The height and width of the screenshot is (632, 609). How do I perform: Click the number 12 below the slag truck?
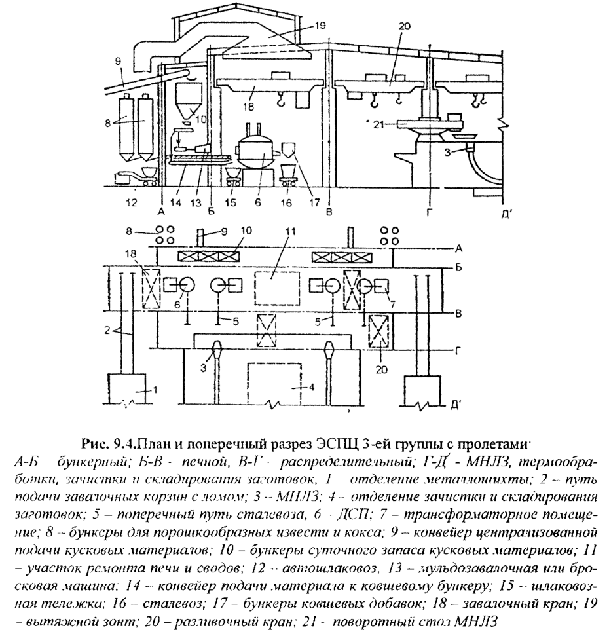[x=133, y=203]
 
